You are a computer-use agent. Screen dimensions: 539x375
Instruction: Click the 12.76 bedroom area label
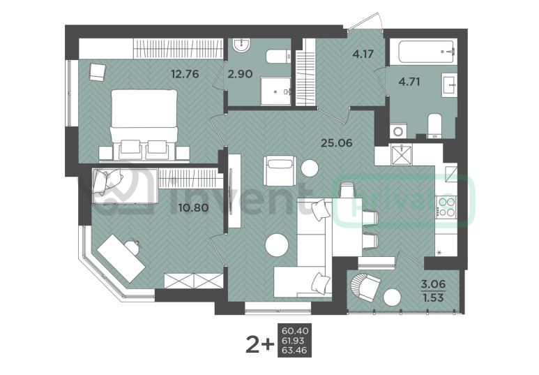pyautogui.click(x=185, y=74)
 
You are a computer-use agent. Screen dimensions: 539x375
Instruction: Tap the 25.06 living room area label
pyautogui.click(x=336, y=142)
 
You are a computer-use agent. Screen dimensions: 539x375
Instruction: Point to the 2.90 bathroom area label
pyautogui.click(x=241, y=74)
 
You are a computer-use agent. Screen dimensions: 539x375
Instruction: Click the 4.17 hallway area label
pyautogui.click(x=363, y=54)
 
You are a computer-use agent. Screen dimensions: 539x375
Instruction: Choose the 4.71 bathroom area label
pyautogui.click(x=409, y=82)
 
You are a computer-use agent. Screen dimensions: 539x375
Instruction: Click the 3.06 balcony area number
pyautogui.click(x=433, y=284)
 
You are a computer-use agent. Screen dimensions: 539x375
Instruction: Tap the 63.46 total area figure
pyautogui.click(x=294, y=351)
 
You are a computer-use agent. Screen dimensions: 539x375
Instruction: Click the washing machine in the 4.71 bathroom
pyautogui.click(x=398, y=131)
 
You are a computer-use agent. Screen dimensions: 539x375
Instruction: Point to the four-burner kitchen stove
pyautogui.click(x=446, y=207)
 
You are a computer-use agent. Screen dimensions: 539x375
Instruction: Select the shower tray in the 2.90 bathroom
pyautogui.click(x=275, y=91)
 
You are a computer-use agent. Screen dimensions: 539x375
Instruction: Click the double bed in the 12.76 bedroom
pyautogui.click(x=144, y=125)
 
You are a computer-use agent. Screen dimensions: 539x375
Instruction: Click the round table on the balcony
pyautogui.click(x=392, y=297)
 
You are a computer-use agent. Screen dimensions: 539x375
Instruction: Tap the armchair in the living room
pyautogui.click(x=280, y=171)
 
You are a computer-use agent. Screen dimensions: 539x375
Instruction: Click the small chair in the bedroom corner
pyautogui.click(x=98, y=72)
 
